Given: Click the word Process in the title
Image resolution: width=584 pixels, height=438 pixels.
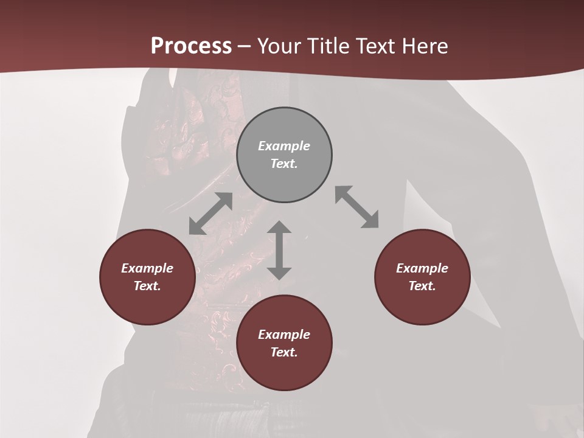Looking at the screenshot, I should coord(191,46).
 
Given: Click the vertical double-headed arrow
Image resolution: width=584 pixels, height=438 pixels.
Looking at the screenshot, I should coord(279,250).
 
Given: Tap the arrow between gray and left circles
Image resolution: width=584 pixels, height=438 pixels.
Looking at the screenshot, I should coord(210,214).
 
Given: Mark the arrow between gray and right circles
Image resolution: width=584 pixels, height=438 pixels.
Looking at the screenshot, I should coord(356,207).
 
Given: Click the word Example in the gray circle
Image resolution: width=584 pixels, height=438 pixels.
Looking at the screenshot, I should coord(284,146).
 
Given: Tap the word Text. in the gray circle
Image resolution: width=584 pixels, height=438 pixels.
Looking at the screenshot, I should coord(284,164).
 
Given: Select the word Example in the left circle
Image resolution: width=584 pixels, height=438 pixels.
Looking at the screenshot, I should coord(147,268).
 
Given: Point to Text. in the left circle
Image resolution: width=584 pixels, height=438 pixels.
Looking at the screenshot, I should coord(147,286).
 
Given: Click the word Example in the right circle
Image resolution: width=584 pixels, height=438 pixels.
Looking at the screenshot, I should coord(422,268).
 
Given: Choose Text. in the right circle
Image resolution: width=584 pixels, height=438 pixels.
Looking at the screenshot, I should coord(422,286).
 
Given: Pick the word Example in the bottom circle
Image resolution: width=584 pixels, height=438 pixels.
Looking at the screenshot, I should coord(284,335).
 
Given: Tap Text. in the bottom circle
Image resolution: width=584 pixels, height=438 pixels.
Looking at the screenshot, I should coord(284,352).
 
